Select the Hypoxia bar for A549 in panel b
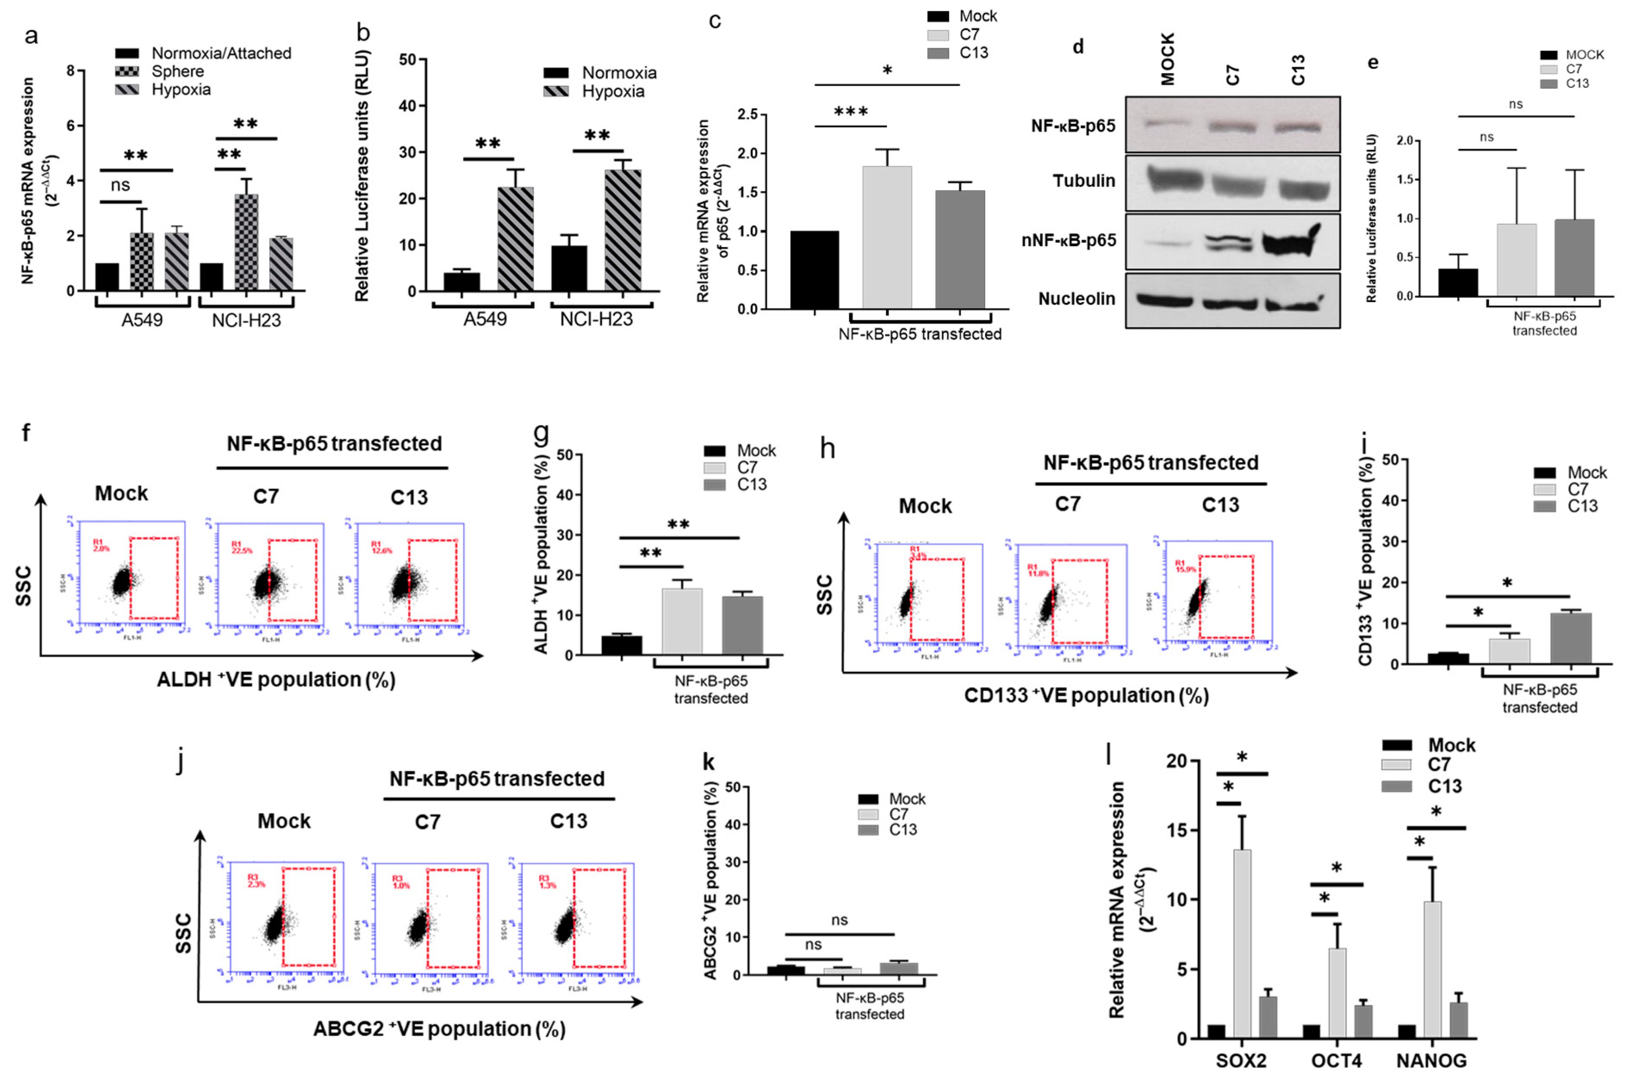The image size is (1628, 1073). click(515, 239)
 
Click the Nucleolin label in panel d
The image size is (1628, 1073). click(1077, 299)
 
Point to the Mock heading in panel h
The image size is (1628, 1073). click(925, 507)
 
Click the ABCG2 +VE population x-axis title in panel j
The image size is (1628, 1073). click(439, 1029)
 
